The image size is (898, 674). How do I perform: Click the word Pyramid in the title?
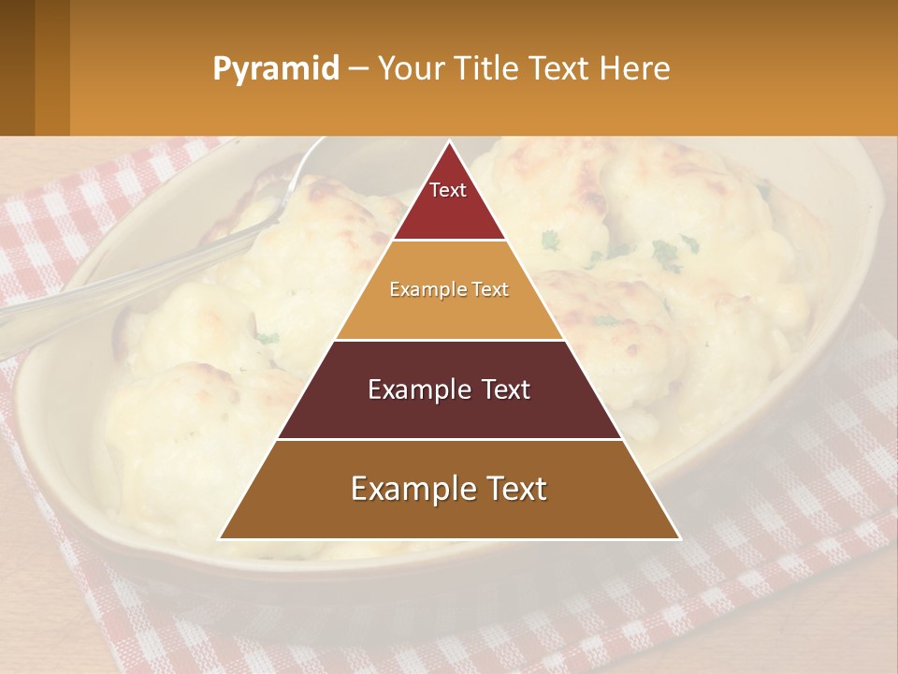click(275, 69)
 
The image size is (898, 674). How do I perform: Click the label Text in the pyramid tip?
click(448, 190)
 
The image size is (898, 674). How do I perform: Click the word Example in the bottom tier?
click(409, 489)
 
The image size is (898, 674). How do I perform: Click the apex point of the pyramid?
click(449, 142)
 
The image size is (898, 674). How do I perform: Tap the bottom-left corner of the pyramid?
click(221, 538)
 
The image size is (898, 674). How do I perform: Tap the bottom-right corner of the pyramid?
click(678, 538)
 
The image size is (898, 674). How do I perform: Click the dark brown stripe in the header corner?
click(17, 67)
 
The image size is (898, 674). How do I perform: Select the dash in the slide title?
click(358, 69)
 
